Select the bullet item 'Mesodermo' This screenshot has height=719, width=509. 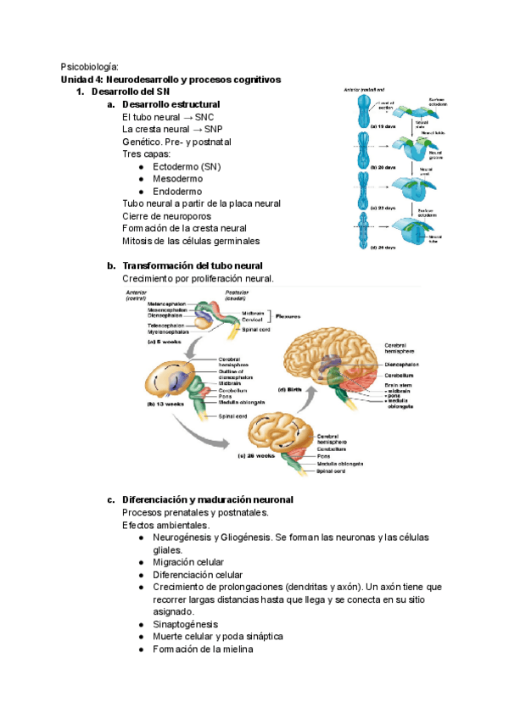tap(177, 179)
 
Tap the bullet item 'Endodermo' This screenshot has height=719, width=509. tap(177, 192)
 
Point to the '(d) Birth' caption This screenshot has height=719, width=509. tap(291, 390)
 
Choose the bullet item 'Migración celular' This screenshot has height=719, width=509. tap(188, 561)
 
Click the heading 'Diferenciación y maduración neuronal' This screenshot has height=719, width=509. tap(208, 499)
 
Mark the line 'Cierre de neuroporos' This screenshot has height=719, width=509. tap(171, 215)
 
